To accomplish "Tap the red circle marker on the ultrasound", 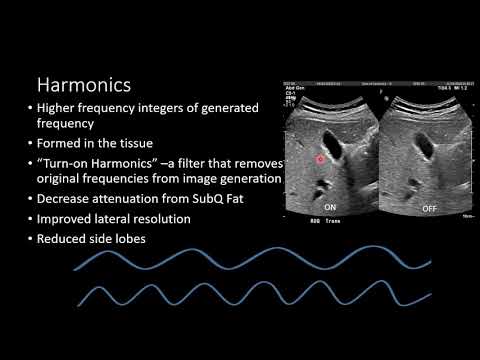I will click(x=321, y=159).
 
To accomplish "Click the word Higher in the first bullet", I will click(x=60, y=108).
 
